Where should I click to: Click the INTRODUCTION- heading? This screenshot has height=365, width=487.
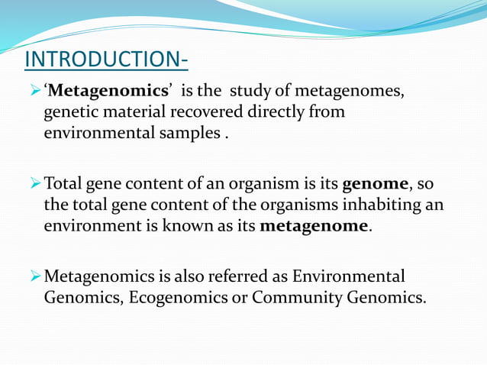(x=107, y=59)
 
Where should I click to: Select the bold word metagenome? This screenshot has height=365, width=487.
(x=314, y=227)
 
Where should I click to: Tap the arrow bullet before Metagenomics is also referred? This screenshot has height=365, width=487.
(x=34, y=276)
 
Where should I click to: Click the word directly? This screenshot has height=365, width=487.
(x=269, y=112)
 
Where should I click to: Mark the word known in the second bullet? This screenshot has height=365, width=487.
(x=182, y=227)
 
